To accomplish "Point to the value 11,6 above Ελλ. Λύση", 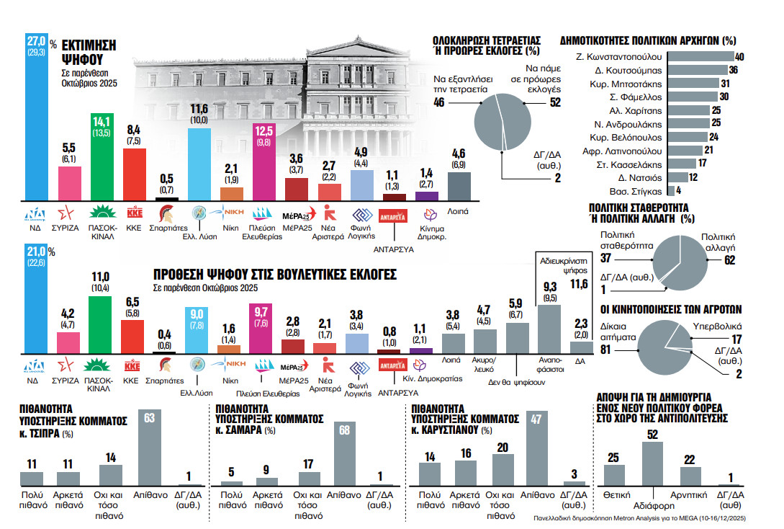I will pos(199,110).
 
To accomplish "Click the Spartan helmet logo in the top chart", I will pos(167,213).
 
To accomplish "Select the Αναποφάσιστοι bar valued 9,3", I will pos(549,329).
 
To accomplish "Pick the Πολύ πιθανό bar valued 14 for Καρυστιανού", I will pos(430,474).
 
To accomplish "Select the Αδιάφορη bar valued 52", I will pos(652,463).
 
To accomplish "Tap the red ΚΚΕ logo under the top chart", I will pos(135,213).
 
